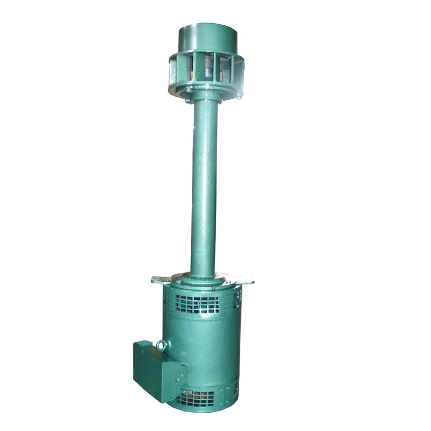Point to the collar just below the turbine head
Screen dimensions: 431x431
point(205,97)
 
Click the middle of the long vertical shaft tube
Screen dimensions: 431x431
point(204,183)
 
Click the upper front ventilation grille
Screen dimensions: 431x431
point(197,304)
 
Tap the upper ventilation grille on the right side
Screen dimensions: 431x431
point(237,300)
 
